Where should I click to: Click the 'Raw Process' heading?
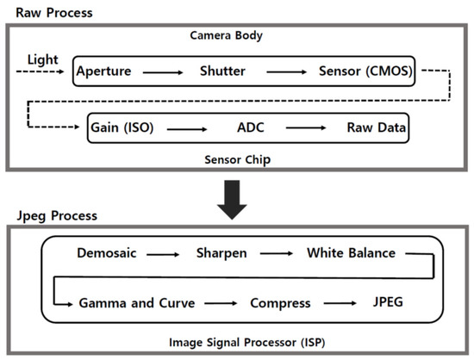(x=49, y=12)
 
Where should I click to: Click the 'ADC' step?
(x=247, y=127)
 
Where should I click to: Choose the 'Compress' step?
(x=280, y=303)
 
